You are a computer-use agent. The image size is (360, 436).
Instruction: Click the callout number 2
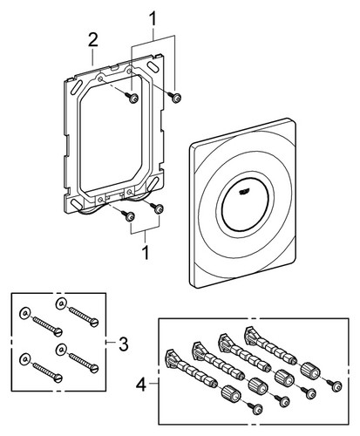click(x=92, y=40)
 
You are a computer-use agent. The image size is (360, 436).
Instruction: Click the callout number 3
click(x=123, y=344)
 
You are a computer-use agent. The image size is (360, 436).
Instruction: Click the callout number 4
click(x=141, y=385)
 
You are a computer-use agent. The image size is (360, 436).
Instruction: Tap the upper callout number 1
click(x=153, y=18)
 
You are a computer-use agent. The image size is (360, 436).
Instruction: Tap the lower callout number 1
click(x=146, y=252)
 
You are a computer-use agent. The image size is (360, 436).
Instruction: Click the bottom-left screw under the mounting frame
click(x=128, y=215)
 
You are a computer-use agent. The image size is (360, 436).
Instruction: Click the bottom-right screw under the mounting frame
click(x=157, y=208)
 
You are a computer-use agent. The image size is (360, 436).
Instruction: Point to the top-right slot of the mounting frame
click(x=153, y=65)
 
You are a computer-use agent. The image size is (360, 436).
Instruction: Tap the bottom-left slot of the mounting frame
click(x=77, y=204)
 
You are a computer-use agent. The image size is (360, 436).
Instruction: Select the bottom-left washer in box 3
click(x=24, y=359)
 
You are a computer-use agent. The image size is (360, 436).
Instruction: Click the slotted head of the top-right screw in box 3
click(x=94, y=323)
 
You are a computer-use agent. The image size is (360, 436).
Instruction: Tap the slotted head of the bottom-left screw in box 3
click(x=58, y=378)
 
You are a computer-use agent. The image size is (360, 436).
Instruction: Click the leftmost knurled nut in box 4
click(x=231, y=394)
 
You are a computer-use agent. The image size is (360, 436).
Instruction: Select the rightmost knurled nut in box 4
click(x=310, y=371)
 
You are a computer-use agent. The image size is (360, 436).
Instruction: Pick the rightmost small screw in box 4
click(x=335, y=385)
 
